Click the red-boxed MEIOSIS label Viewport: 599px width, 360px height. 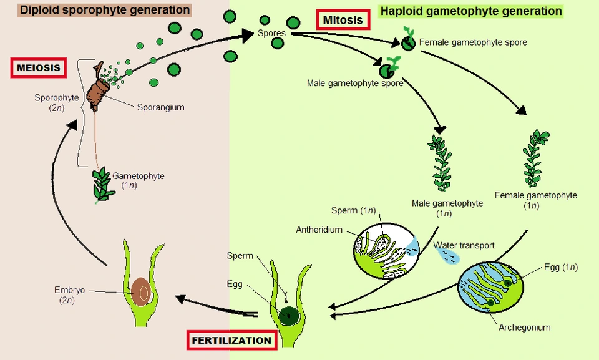39,67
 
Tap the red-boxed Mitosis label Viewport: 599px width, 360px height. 343,20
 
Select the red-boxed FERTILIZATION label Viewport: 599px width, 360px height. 231,341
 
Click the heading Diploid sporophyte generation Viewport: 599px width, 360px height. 104,10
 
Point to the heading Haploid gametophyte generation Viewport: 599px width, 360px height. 471,11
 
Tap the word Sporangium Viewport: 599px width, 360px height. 160,107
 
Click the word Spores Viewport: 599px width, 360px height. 271,32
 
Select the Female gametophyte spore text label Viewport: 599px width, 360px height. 473,42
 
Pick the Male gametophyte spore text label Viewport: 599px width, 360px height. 355,82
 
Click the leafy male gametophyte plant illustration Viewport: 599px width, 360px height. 441,162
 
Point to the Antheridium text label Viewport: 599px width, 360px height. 319,230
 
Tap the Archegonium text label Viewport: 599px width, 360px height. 524,327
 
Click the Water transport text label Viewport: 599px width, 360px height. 464,245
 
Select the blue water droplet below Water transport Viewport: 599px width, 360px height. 449,257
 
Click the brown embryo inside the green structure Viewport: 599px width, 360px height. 141,291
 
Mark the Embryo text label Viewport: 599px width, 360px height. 69,290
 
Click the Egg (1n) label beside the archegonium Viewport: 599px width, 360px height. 560,267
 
